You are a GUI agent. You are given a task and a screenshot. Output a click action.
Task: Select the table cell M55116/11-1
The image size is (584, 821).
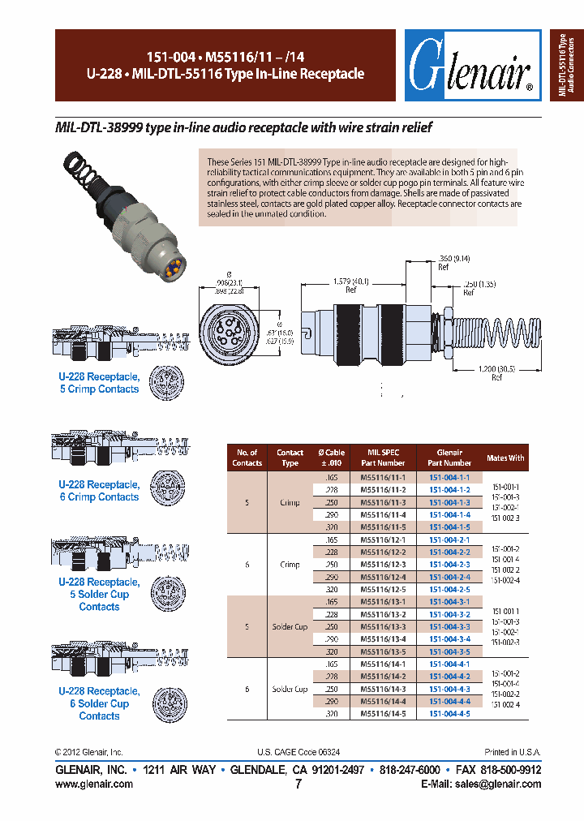(382, 478)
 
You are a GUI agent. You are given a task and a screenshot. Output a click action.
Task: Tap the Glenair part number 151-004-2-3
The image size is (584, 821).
(449, 564)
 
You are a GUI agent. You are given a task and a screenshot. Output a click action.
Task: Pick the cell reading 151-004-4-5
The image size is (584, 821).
(449, 713)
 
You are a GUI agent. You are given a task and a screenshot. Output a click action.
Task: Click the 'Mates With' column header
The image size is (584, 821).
(505, 458)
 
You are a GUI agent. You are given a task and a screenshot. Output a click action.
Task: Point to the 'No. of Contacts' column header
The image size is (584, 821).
(247, 458)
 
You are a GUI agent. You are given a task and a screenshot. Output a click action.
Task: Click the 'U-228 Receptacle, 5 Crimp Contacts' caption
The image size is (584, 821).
(99, 383)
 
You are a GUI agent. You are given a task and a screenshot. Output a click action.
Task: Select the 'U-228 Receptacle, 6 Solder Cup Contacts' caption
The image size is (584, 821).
(99, 703)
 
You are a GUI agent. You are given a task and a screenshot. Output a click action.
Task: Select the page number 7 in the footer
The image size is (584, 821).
(298, 784)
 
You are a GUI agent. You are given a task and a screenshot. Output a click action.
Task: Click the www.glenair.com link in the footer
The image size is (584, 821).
(94, 784)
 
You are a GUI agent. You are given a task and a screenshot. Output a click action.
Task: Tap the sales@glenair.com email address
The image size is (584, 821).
(495, 784)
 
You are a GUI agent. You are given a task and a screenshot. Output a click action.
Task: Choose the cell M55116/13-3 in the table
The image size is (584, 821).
(382, 626)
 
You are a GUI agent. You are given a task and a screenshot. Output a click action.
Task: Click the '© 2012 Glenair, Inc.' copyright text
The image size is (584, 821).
(88, 752)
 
